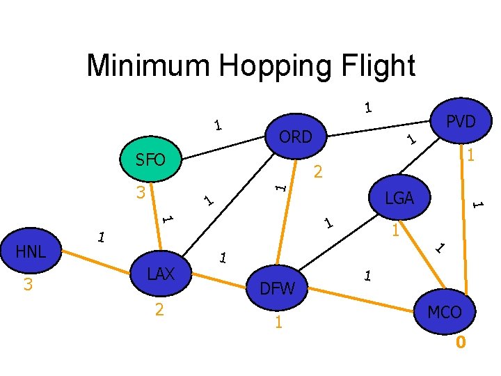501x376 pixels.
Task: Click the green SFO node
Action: click(152, 161)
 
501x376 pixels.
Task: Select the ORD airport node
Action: click(296, 137)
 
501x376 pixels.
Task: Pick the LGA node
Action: click(399, 198)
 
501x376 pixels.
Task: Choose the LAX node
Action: click(161, 274)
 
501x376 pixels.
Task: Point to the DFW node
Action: click(277, 287)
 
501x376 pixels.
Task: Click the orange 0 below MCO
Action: click(460, 343)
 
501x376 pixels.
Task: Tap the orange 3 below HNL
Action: click(29, 285)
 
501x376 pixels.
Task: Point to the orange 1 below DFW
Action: click(278, 322)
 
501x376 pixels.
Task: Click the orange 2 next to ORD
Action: click(318, 172)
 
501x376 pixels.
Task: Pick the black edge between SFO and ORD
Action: click(221, 143)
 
